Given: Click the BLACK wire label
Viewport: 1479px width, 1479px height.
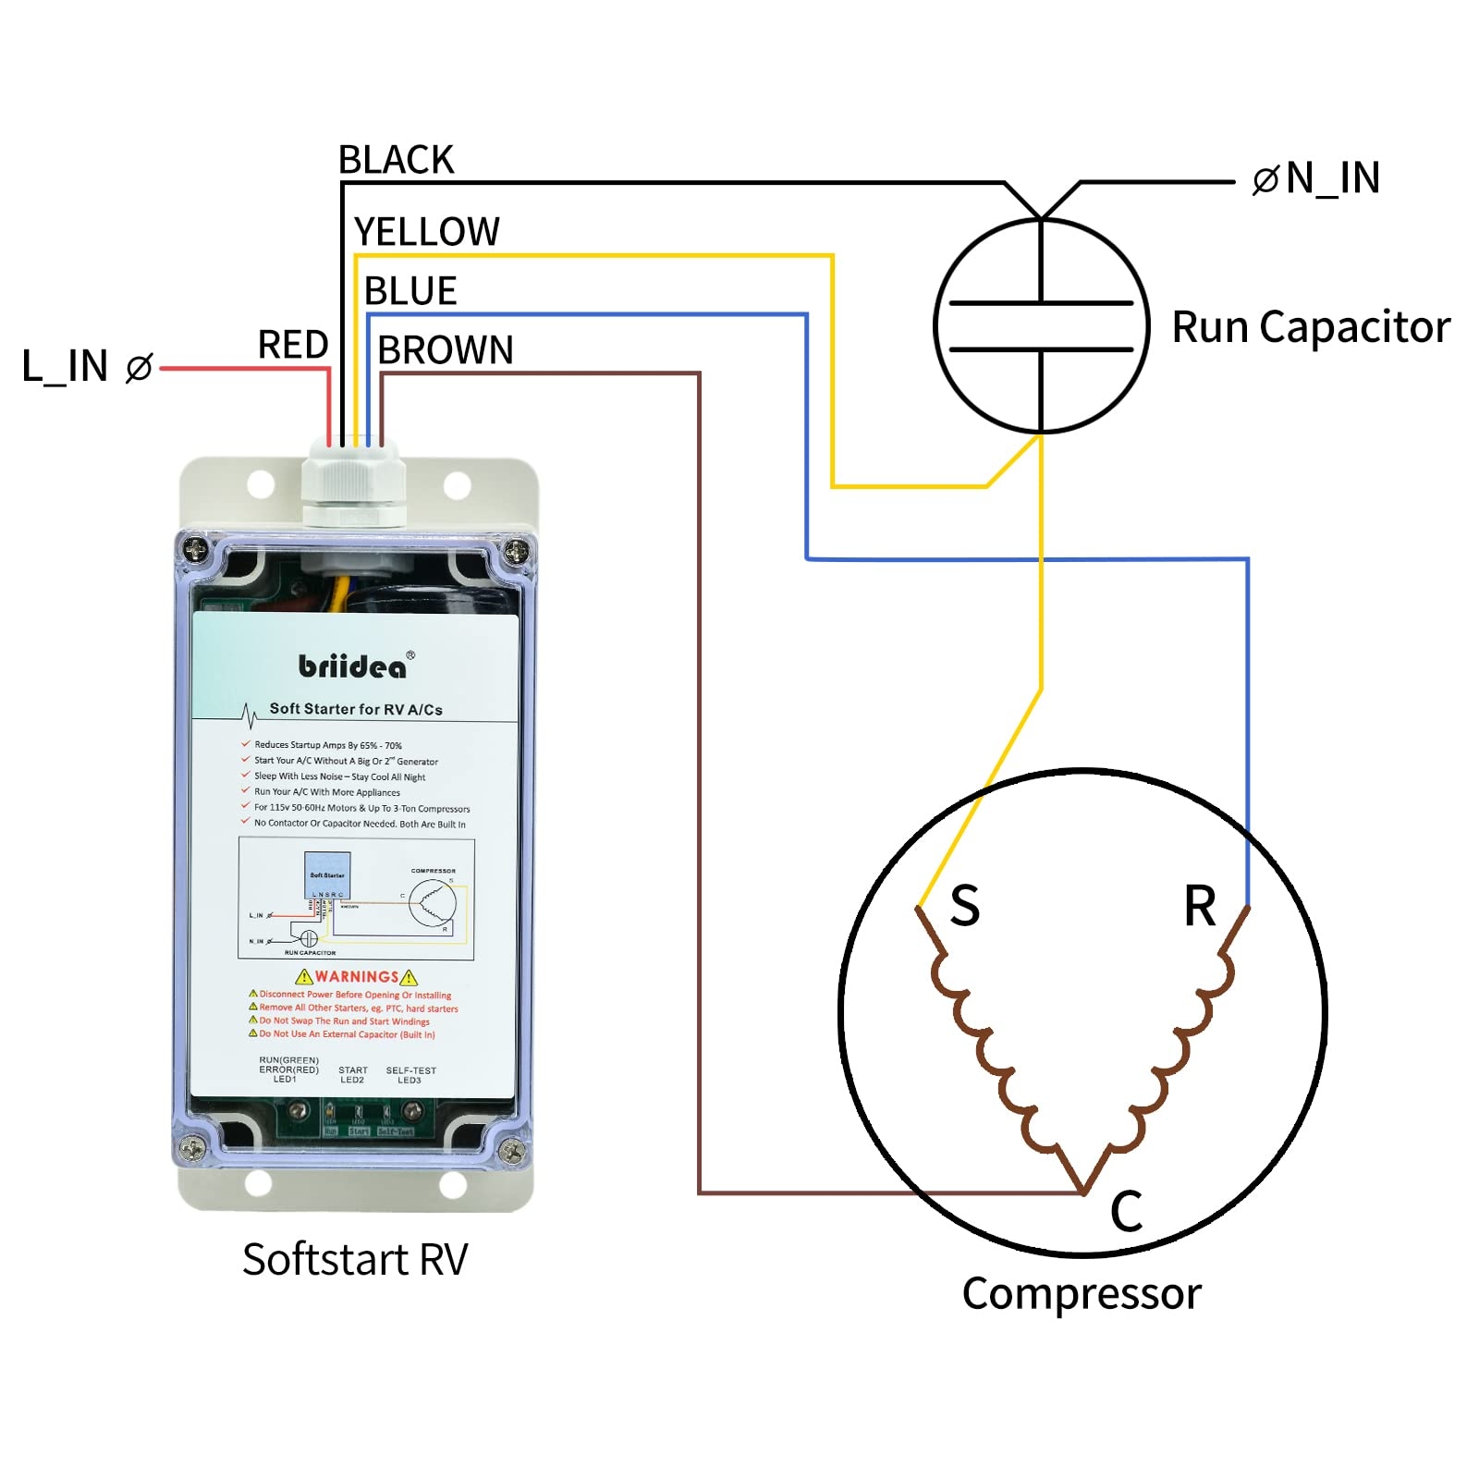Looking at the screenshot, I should (396, 160).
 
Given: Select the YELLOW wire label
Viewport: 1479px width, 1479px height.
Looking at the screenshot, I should (426, 232).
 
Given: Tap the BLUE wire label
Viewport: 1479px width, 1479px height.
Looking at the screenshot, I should (410, 291).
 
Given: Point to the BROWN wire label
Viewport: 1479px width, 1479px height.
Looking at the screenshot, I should (445, 350).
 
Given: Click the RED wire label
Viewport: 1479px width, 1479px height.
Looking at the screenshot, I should (292, 345).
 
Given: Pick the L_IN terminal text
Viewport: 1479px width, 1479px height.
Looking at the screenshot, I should (65, 366).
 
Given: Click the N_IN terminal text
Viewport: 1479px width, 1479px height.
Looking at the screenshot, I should (1332, 177).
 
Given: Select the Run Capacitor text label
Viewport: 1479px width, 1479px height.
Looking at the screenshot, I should (1310, 327).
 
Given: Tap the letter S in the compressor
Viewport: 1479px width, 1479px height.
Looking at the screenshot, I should (964, 906).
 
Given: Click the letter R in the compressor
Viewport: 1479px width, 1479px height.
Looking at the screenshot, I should (1200, 906).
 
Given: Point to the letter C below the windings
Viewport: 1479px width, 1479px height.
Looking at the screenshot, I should (1126, 1211).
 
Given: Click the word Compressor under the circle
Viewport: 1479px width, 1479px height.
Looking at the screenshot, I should (1082, 1293).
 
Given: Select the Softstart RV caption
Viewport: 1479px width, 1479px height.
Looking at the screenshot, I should (355, 1259).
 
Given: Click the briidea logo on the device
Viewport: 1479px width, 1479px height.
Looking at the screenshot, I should (352, 666).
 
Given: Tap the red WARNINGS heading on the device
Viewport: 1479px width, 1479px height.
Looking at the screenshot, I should (357, 977).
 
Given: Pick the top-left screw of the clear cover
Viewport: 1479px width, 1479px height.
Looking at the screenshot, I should (196, 550).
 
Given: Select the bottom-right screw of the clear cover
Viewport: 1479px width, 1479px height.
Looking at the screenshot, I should (511, 1151).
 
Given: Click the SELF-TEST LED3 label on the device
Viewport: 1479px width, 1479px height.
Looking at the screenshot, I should (410, 1075).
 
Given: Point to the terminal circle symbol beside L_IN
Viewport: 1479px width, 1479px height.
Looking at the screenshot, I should (139, 368).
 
